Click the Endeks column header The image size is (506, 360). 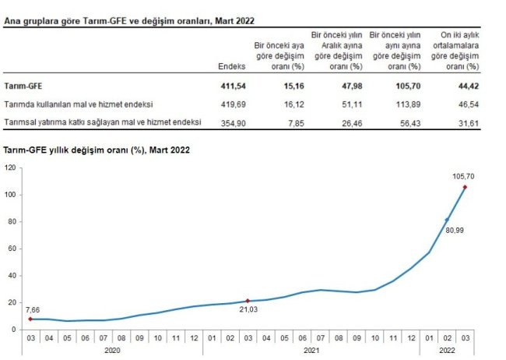232,68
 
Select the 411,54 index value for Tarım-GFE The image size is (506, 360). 231,86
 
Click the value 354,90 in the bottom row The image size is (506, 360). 231,122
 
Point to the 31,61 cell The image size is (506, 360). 463,122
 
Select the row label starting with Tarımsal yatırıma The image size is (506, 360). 103,122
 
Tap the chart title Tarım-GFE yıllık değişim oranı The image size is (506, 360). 97,148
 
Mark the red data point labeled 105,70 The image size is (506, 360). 466,187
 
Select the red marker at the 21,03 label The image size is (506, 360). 248,301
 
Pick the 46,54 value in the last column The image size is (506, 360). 463,104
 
